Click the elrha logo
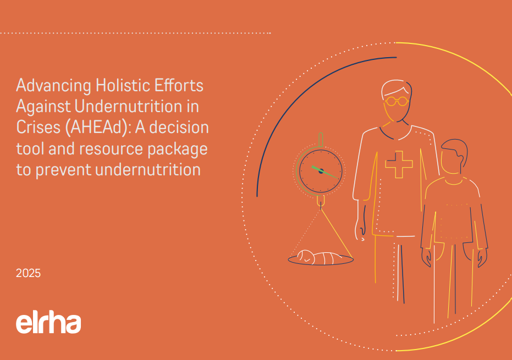[48, 323]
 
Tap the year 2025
[29, 273]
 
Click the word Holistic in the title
[123, 85]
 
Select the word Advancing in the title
[53, 86]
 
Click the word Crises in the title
[38, 128]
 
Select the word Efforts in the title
[179, 85]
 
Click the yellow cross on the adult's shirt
[399, 164]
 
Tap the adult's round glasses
[397, 101]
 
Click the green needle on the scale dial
[325, 173]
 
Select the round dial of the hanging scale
[321, 171]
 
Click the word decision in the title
[179, 128]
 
